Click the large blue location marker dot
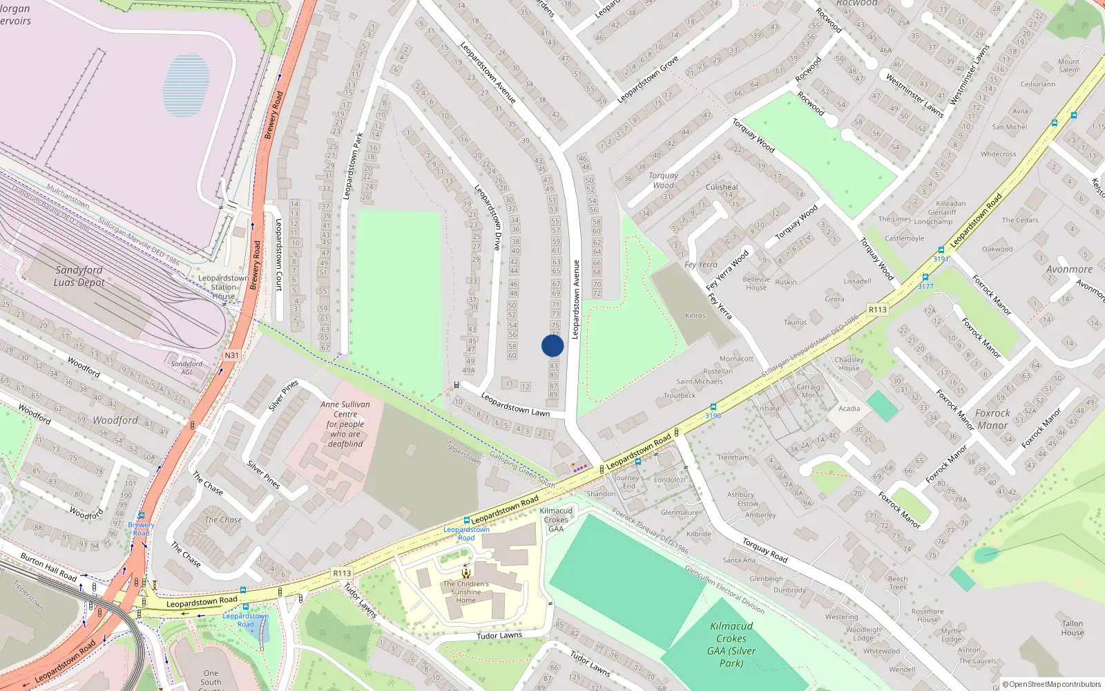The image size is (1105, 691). click(552, 345)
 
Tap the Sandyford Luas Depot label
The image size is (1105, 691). click(79, 276)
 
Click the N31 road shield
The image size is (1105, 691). click(231, 355)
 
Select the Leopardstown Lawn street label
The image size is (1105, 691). click(515, 405)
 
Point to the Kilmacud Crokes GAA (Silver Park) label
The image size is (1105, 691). click(731, 644)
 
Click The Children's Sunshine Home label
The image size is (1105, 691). click(466, 591)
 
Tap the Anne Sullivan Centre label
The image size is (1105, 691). click(345, 424)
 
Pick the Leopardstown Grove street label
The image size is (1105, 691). click(647, 79)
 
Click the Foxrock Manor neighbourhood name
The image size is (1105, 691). click(992, 419)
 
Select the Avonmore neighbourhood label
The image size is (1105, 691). click(1069, 269)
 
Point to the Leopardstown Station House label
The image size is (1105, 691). click(223, 287)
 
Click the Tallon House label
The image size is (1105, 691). click(1073, 627)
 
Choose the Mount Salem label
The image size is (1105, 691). click(1068, 66)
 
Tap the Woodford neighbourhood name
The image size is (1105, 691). click(115, 420)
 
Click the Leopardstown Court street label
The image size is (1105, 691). click(279, 254)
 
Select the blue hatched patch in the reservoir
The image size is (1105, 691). click(186, 85)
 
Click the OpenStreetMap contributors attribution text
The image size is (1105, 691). click(1051, 684)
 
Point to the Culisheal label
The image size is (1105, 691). click(722, 187)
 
